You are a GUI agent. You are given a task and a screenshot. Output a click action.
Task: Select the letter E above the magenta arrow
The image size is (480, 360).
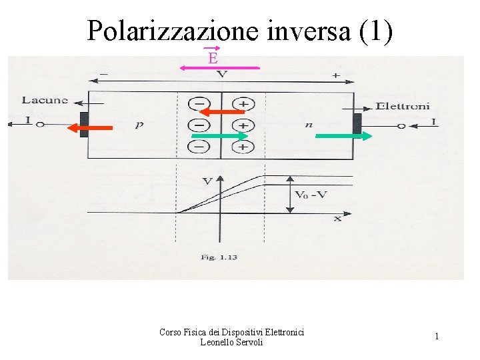tap(213, 58)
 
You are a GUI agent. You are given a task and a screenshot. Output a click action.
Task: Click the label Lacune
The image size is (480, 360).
tap(45, 100)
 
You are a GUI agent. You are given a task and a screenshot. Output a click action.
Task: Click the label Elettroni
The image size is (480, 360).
tap(403, 105)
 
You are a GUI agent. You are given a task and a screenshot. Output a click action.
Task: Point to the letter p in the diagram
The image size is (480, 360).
tap(139, 125)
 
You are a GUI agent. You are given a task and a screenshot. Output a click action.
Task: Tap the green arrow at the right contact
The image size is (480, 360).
tap(343, 136)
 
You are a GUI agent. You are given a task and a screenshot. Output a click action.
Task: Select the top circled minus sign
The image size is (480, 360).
tap(198, 104)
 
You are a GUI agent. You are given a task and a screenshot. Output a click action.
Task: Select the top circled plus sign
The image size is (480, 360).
tap(243, 104)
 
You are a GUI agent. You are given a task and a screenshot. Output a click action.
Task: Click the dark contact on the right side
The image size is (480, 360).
tap(357, 124)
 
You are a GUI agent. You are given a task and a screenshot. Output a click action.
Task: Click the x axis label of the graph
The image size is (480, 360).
tap(337, 218)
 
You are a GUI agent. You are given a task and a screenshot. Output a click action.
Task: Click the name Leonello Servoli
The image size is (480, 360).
tap(231, 342)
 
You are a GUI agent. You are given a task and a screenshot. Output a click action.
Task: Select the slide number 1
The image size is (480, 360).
tap(437, 337)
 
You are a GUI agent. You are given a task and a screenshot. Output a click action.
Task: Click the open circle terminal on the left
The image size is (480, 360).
tap(40, 124)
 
